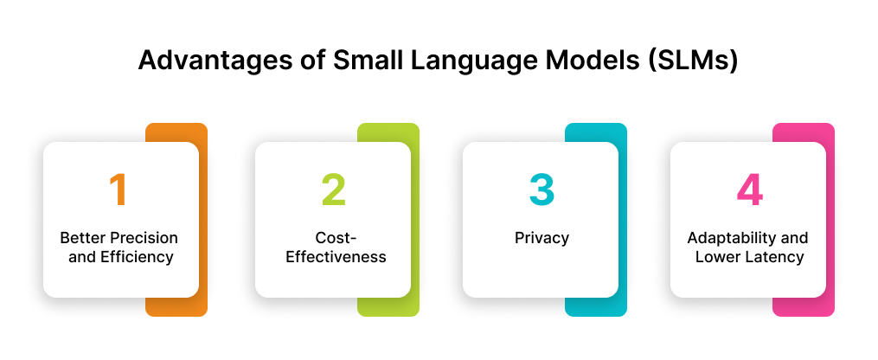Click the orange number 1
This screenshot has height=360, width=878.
tap(119, 190)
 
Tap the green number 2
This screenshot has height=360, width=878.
tap(333, 190)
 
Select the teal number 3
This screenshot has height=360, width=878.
tap(541, 190)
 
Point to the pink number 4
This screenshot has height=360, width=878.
tap(749, 190)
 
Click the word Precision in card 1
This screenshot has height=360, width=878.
tap(140, 238)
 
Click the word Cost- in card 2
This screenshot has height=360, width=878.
tap(332, 238)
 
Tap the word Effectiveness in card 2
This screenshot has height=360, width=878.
tap(332, 257)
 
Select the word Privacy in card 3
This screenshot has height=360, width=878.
tap(541, 238)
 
